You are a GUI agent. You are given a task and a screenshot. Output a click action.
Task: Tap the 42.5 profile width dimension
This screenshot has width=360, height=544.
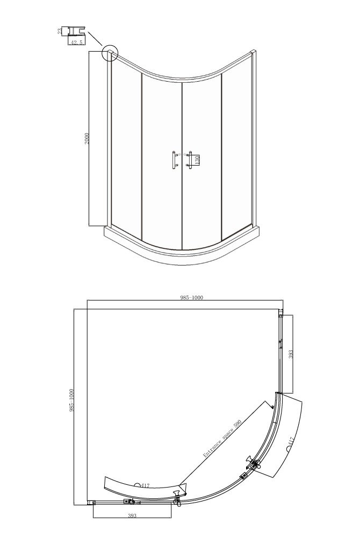point(76,42)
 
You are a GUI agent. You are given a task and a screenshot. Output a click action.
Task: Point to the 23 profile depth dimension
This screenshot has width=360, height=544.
point(60,31)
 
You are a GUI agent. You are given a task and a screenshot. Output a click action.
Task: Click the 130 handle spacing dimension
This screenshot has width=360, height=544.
point(196,160)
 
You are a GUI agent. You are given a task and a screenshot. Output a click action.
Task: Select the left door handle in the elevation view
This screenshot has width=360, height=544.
point(174,160)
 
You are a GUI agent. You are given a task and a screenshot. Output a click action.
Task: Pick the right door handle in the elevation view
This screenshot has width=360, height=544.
point(189,160)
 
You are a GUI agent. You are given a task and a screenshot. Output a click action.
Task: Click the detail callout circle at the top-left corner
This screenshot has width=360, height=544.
point(110,53)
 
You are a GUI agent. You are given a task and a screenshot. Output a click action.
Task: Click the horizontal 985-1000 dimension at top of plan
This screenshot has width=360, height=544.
point(191,297)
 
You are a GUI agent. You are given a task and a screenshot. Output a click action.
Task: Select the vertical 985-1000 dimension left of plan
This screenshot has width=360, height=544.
point(72,400)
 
